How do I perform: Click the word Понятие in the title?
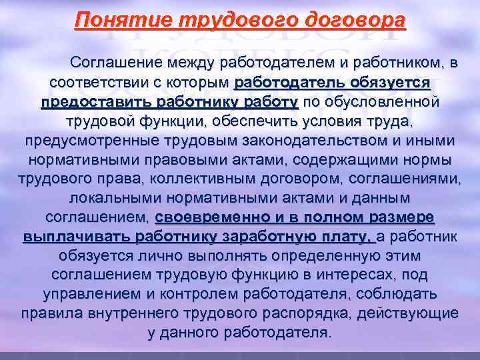tap(113, 20)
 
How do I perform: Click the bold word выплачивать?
tap(75, 237)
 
